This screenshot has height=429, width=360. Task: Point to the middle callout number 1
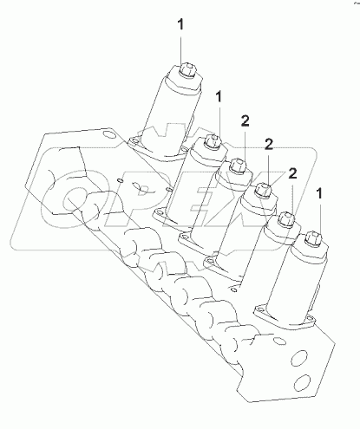coord(219,97)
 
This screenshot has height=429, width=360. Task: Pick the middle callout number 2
coord(268,146)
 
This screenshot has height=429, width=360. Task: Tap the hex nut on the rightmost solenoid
coord(311,234)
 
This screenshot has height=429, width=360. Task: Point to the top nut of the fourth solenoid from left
coord(260,185)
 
